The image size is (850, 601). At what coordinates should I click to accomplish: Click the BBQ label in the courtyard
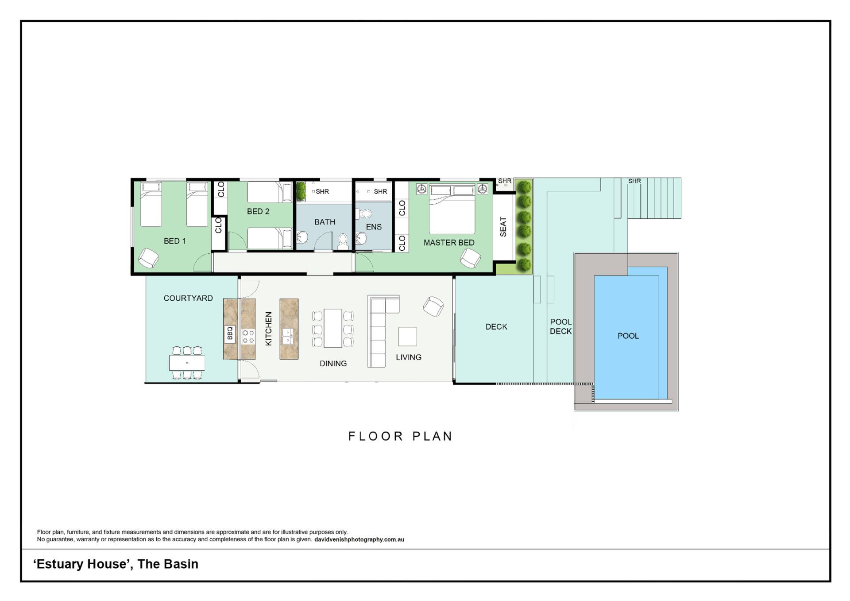230,333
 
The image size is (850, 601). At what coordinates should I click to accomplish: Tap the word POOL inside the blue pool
628,336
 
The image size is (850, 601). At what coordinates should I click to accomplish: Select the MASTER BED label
449,243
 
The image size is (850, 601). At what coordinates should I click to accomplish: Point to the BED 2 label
258,212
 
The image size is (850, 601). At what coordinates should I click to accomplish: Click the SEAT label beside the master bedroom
503,227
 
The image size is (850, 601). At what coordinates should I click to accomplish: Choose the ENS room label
374,227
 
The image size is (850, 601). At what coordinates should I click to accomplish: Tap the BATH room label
325,222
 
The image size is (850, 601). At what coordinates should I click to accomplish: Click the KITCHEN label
268,328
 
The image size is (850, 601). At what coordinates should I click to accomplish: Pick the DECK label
496,327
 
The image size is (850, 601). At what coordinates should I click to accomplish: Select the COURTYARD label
188,298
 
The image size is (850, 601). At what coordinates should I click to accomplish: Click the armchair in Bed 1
149,258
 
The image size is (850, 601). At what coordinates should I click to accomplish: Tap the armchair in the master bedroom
470,258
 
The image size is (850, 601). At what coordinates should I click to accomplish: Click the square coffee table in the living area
407,337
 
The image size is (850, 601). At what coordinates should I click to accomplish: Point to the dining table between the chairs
333,328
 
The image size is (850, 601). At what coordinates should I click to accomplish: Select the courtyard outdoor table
187,363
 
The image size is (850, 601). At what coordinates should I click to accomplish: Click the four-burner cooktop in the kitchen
248,336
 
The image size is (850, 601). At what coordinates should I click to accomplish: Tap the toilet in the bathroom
343,242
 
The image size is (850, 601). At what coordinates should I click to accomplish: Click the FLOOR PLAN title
401,436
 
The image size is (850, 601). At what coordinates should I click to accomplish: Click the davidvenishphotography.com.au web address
359,539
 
